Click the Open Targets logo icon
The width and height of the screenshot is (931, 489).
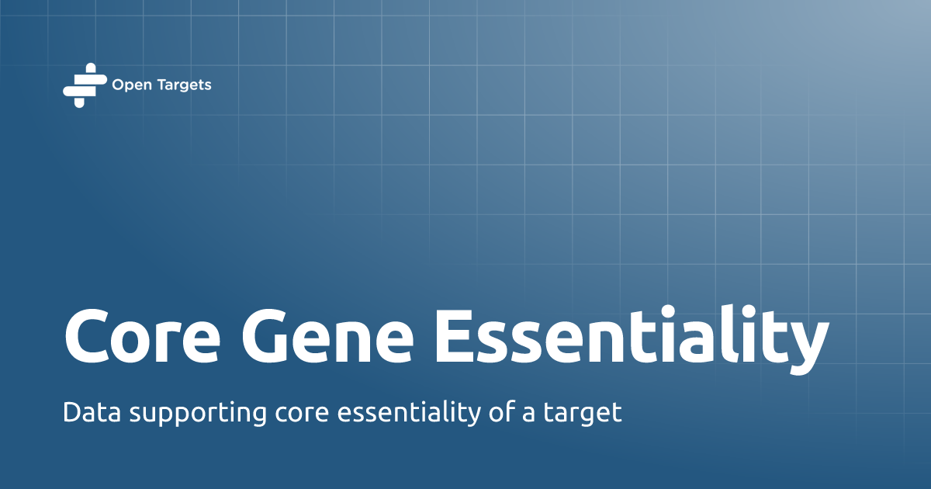(x=84, y=85)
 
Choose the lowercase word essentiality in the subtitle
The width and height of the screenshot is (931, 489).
(x=411, y=412)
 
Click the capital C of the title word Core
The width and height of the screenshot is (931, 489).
(x=88, y=337)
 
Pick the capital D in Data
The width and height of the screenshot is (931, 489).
(x=71, y=412)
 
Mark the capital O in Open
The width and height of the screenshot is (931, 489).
(x=118, y=85)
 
